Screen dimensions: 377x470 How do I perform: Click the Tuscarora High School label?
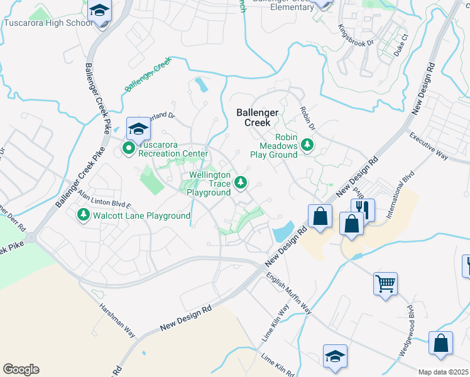pyautogui.click(x=48, y=23)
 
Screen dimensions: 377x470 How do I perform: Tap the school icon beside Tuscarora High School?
pyautogui.click(x=99, y=11)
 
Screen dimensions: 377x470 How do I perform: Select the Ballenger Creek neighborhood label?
pyautogui.click(x=262, y=117)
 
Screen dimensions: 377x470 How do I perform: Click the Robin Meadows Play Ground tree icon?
pyautogui.click(x=307, y=145)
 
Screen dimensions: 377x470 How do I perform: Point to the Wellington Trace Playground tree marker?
pyautogui.click(x=240, y=183)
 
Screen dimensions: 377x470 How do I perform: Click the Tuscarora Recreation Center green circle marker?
pyautogui.click(x=129, y=149)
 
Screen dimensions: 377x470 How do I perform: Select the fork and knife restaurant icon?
pyautogui.click(x=363, y=209)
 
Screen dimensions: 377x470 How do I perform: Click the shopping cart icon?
pyautogui.click(x=385, y=282)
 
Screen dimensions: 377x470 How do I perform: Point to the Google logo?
pyautogui.click(x=21, y=369)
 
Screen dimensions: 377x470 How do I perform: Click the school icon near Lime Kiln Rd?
pyautogui.click(x=336, y=355)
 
